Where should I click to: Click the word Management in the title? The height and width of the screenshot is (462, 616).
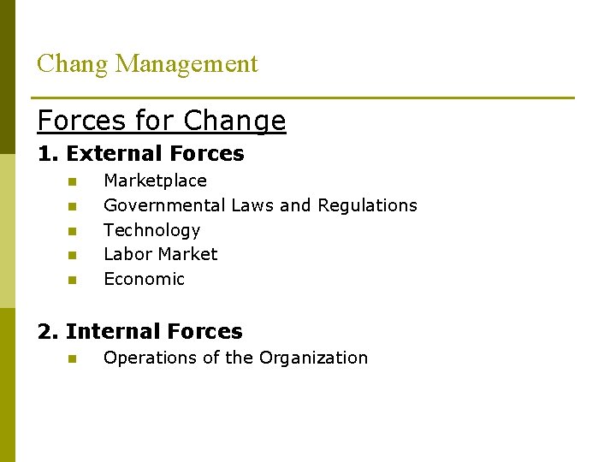point(187,64)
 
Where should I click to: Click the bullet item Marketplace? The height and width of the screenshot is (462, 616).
point(155,181)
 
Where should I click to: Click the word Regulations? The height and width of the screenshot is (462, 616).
point(367,205)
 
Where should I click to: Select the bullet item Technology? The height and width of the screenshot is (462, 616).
point(151,230)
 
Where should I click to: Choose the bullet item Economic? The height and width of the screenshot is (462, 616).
point(144,279)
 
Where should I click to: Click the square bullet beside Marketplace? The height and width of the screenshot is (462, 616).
point(73,181)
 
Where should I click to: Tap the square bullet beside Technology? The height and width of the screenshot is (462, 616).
point(73,231)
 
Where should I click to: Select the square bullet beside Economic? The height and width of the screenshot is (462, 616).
point(73,280)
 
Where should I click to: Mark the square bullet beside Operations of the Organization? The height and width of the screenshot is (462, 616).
point(73,358)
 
